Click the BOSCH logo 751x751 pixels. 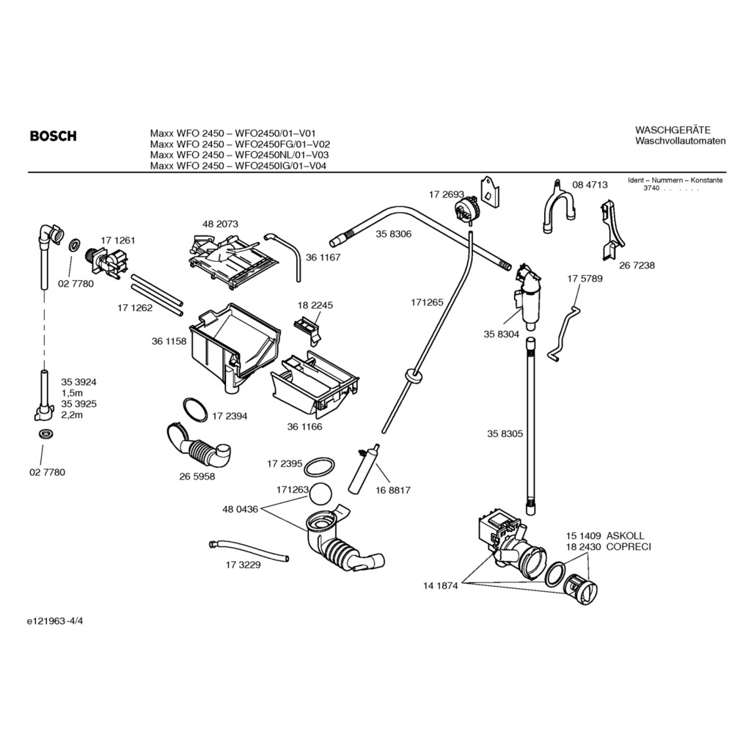(x=53, y=136)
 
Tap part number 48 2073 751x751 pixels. (x=220, y=224)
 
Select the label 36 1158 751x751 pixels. (x=169, y=341)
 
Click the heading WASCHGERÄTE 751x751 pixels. (x=673, y=130)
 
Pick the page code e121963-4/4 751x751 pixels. (x=60, y=621)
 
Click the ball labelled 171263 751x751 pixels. (x=321, y=493)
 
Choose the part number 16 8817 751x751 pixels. (x=393, y=490)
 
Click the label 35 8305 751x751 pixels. (x=505, y=433)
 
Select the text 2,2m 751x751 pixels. (x=72, y=415)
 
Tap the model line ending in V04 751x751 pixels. (x=238, y=166)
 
